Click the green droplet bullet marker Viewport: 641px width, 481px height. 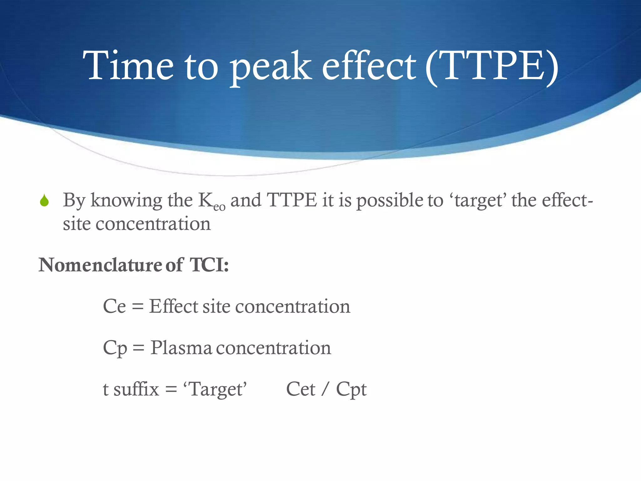pyautogui.click(x=44, y=201)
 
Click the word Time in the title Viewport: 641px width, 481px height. pyautogui.click(x=128, y=66)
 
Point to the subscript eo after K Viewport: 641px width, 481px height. pyautogui.click(x=219, y=207)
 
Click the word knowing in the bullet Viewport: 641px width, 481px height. pyautogui.click(x=126, y=201)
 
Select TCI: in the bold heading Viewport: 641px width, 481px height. pyautogui.click(x=209, y=265)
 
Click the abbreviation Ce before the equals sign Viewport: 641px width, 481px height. pyautogui.click(x=114, y=306)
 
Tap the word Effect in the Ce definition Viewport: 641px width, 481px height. pyautogui.click(x=173, y=306)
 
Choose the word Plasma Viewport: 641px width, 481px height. pyautogui.click(x=181, y=348)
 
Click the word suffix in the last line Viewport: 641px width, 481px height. pyautogui.click(x=136, y=389)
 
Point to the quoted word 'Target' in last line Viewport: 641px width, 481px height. pyautogui.click(x=215, y=389)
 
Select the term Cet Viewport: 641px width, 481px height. pyautogui.click(x=300, y=389)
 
